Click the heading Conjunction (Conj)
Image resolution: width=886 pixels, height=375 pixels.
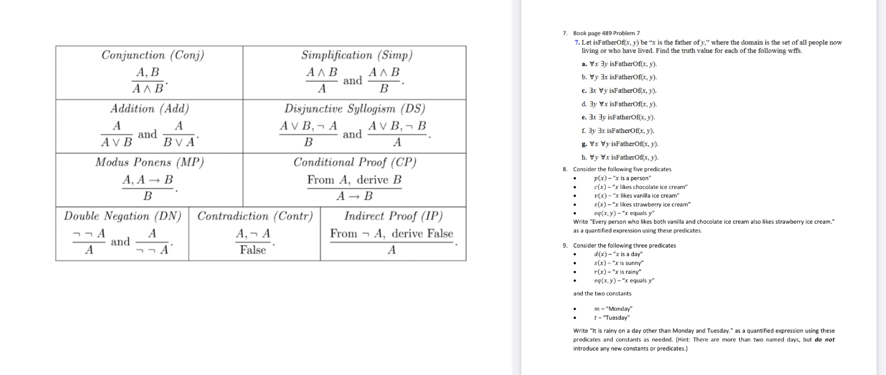pyautogui.click(x=153, y=55)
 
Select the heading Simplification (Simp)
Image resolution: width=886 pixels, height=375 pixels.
pyautogui.click(x=357, y=55)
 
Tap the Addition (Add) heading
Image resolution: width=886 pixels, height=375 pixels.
pyautogui.click(x=150, y=109)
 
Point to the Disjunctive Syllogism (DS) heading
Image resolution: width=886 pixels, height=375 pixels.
pyautogui.click(x=355, y=109)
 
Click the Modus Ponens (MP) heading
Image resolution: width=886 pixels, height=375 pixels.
pyautogui.click(x=150, y=162)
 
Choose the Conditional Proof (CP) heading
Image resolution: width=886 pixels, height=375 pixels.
pyautogui.click(x=355, y=162)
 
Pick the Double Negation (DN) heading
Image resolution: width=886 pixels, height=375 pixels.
pyautogui.click(x=122, y=216)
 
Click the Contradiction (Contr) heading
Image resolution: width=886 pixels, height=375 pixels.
pyautogui.click(x=255, y=216)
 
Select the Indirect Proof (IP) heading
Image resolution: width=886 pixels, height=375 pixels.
pyautogui.click(x=393, y=216)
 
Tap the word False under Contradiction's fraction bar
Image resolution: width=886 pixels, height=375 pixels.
pyautogui.click(x=253, y=250)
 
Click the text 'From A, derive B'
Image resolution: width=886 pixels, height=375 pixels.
pyautogui.click(x=354, y=180)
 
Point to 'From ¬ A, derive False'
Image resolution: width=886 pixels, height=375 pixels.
pyautogui.click(x=392, y=234)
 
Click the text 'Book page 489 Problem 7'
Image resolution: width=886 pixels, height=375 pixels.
pyautogui.click(x=606, y=33)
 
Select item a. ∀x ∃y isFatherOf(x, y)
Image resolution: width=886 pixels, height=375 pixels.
pyautogui.click(x=619, y=64)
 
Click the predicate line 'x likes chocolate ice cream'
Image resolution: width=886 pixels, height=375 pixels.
pyautogui.click(x=641, y=187)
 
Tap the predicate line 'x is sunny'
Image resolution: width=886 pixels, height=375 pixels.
pyautogui.click(x=619, y=263)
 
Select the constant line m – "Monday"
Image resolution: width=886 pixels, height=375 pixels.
pyautogui.click(x=613, y=309)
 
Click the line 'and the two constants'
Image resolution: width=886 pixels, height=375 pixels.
pyautogui.click(x=602, y=293)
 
